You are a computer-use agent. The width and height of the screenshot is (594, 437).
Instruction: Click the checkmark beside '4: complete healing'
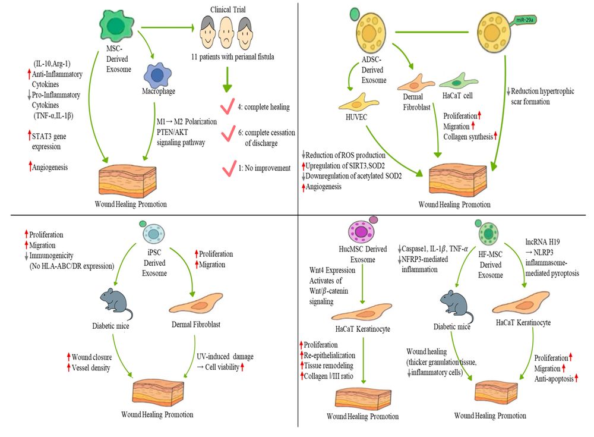click(226, 108)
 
